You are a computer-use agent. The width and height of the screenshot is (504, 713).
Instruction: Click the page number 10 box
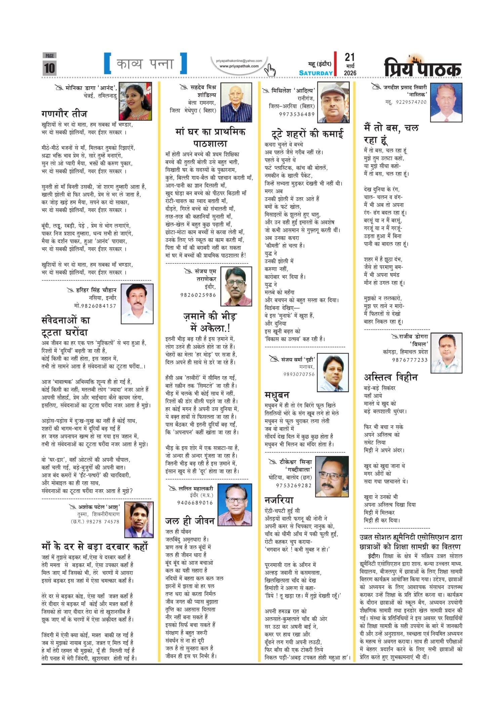click(x=49, y=67)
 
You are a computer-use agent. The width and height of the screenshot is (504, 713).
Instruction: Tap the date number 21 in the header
click(x=349, y=57)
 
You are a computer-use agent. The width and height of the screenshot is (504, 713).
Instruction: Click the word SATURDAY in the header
click(x=316, y=73)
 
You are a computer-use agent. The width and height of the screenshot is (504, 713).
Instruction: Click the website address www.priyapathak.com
click(x=239, y=66)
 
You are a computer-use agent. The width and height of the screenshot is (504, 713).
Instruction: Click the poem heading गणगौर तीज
click(x=65, y=114)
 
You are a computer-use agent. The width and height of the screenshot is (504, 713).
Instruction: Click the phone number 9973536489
click(x=297, y=114)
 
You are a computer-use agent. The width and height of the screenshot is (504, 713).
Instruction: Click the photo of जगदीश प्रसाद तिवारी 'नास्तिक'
click(x=446, y=102)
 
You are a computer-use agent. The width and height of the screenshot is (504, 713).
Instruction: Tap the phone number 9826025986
click(x=198, y=295)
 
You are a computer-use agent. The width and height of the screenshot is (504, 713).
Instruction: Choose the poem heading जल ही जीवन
click(x=190, y=521)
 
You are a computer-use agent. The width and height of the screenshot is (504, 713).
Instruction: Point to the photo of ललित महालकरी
click(x=235, y=505)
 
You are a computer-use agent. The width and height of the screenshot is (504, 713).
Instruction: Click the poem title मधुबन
click(x=277, y=394)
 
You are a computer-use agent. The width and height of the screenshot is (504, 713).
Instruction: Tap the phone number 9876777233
click(x=410, y=360)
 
